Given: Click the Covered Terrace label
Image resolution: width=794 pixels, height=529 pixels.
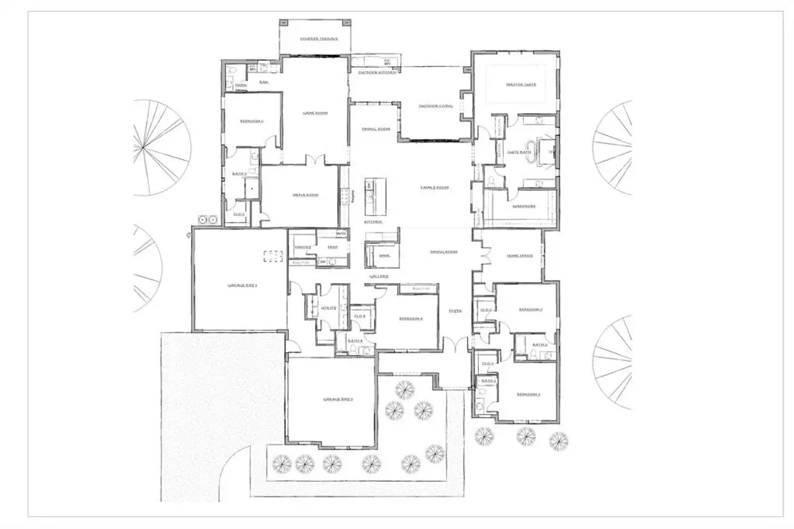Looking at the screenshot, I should (x=319, y=38).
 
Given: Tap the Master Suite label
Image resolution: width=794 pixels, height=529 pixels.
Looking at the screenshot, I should (x=520, y=84).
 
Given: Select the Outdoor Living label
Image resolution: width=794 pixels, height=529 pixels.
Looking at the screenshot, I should (x=435, y=107).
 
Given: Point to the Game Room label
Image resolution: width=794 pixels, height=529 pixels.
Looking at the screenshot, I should (x=314, y=113).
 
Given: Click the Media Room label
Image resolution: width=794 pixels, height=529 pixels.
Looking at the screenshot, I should (x=305, y=195).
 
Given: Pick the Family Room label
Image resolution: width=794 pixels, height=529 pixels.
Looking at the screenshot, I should (x=434, y=187).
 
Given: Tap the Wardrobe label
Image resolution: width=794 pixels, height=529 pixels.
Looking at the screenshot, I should (x=524, y=206).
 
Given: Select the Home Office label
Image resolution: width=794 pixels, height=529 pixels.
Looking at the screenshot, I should (x=519, y=256).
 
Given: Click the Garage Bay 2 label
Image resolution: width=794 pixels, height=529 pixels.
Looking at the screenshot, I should (x=337, y=399).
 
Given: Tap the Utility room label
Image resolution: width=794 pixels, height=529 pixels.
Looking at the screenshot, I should (x=329, y=308).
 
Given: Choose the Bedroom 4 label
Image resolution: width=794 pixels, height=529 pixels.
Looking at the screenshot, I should (x=411, y=319).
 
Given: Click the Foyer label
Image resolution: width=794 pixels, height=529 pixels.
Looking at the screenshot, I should (x=456, y=311).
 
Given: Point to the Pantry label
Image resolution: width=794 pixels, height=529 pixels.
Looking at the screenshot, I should (x=302, y=247).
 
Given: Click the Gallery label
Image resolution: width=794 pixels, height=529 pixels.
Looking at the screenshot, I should (x=379, y=277).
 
